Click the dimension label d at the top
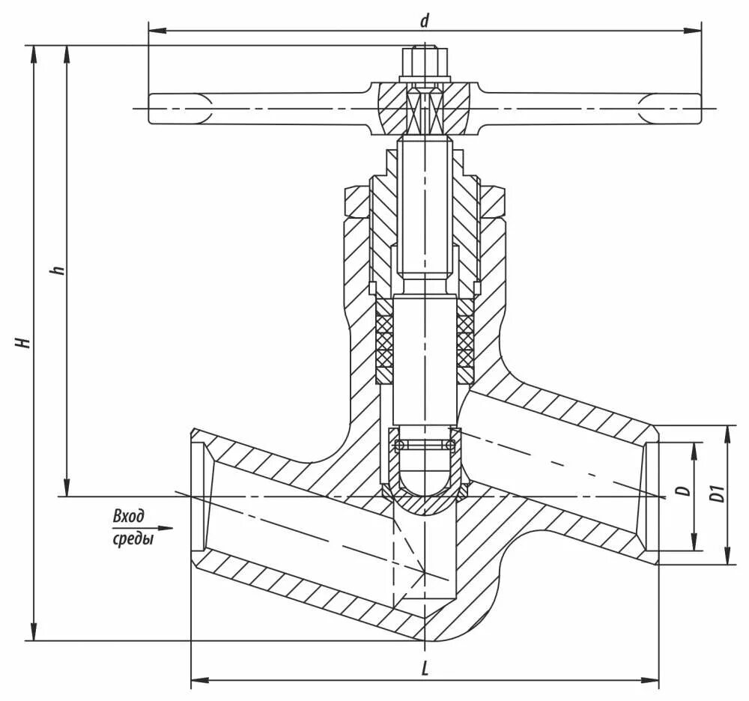[x=424, y=20]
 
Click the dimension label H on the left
[x=24, y=342]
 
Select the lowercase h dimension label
[x=59, y=269]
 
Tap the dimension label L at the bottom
[x=425, y=669]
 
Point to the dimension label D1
[x=717, y=494]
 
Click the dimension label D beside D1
[x=682, y=491]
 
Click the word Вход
[x=128, y=516]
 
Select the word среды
[x=133, y=538]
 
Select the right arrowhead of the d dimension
[x=696, y=31]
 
